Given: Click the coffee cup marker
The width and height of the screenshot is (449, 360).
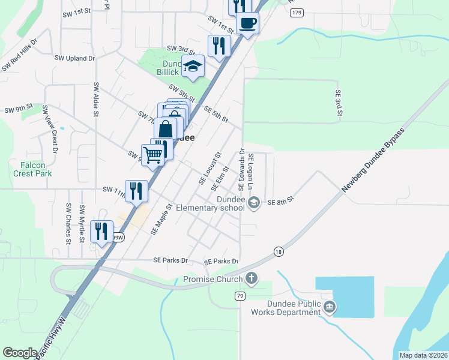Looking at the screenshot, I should pyautogui.click(x=247, y=24).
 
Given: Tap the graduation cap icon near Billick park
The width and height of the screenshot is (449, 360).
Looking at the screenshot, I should pyautogui.click(x=193, y=66).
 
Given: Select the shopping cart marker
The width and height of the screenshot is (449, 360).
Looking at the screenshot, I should pyautogui.click(x=153, y=155).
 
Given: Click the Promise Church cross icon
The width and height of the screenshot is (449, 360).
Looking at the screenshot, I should pyautogui.click(x=252, y=278).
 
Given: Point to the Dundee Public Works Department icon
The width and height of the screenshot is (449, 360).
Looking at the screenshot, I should pyautogui.click(x=330, y=308).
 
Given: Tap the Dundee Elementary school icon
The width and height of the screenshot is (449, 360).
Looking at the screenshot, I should pyautogui.click(x=255, y=203).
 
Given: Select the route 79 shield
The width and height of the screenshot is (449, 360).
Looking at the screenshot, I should pyautogui.click(x=240, y=296).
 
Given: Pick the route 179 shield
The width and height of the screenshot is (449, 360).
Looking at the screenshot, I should pyautogui.click(x=295, y=13).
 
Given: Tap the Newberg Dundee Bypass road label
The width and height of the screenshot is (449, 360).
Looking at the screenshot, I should pyautogui.click(x=374, y=160).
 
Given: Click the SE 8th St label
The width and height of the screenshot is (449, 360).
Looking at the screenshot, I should pyautogui.click(x=280, y=202).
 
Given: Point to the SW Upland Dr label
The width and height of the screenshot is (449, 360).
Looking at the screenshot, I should pyautogui.click(x=75, y=58).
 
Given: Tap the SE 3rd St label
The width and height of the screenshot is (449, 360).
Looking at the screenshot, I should pyautogui.click(x=339, y=103).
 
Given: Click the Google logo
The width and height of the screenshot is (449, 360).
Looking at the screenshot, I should pyautogui.click(x=20, y=353).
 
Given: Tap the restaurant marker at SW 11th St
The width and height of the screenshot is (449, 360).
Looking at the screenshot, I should pyautogui.click(x=136, y=191).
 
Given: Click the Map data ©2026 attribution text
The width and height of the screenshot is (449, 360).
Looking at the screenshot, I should pyautogui.click(x=423, y=355).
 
